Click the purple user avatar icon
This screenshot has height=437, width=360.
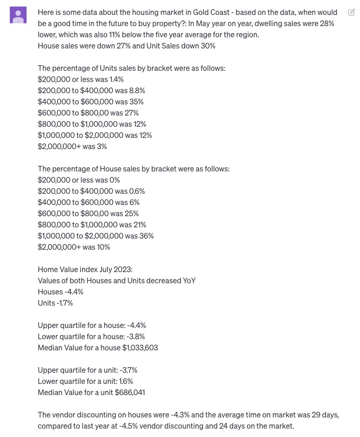18,15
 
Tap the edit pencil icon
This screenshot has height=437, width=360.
351,13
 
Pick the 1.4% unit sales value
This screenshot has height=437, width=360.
116,79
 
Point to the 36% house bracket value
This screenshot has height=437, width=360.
146,236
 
